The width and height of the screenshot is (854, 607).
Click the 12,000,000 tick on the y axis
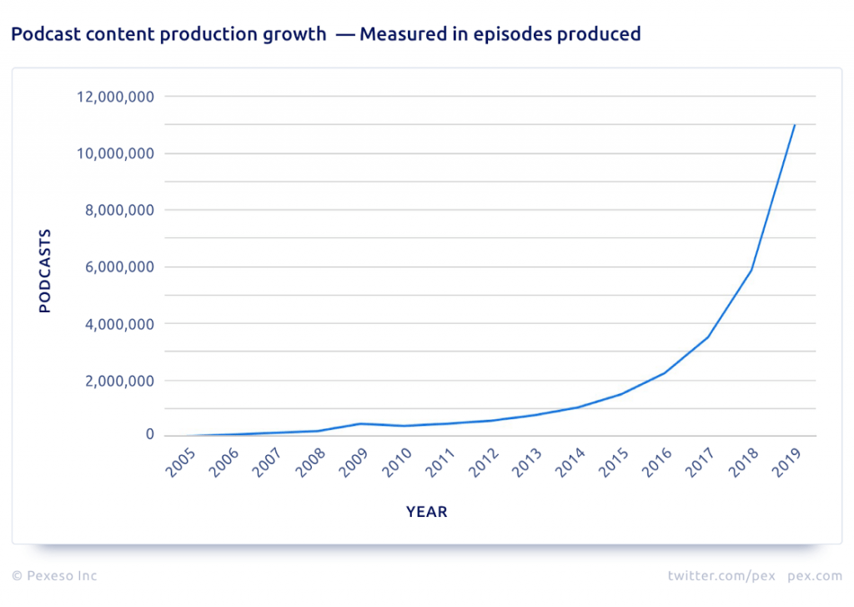coord(113,97)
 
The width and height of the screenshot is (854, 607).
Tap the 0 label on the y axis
coord(149,435)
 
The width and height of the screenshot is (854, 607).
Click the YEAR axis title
coord(427,512)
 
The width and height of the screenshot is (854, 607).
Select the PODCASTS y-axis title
coord(45,271)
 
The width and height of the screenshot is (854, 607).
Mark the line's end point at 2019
coord(795,125)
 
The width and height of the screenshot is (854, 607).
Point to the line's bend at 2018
coord(751,270)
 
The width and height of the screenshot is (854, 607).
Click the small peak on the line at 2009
coord(360,423)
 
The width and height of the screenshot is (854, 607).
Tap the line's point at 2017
coord(708,337)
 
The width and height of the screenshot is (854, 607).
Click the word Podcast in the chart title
coord(41,34)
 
